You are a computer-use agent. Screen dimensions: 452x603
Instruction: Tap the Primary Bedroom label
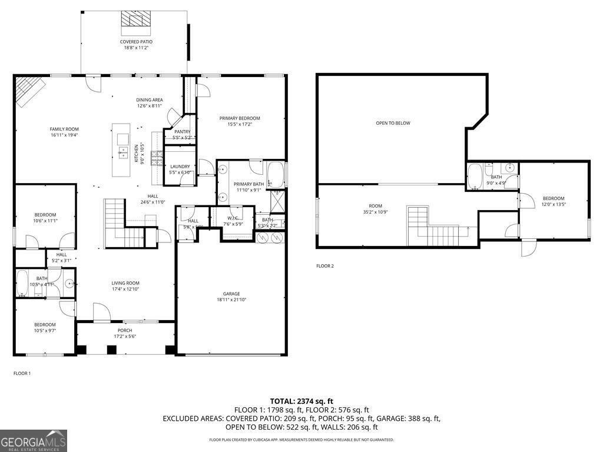click(240, 118)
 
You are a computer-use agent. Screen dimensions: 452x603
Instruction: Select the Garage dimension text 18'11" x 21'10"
click(231, 300)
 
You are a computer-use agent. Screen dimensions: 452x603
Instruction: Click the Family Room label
click(64, 129)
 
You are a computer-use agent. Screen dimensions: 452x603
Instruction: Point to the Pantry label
click(182, 132)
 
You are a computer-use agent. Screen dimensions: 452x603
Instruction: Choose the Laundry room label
click(180, 167)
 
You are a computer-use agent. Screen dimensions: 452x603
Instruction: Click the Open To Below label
click(393, 123)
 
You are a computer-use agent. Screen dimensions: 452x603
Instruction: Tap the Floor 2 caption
click(325, 266)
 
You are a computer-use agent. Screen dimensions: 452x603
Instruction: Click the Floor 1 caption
click(22, 373)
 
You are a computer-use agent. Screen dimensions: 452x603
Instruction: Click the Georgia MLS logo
click(34, 441)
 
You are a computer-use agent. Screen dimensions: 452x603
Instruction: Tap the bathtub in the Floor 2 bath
click(475, 176)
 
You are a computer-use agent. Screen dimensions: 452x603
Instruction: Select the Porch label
click(125, 330)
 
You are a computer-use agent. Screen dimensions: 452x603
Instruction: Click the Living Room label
click(125, 283)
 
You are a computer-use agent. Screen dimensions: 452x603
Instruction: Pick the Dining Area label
click(150, 100)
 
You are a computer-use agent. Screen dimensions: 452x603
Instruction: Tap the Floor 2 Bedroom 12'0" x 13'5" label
click(554, 198)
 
